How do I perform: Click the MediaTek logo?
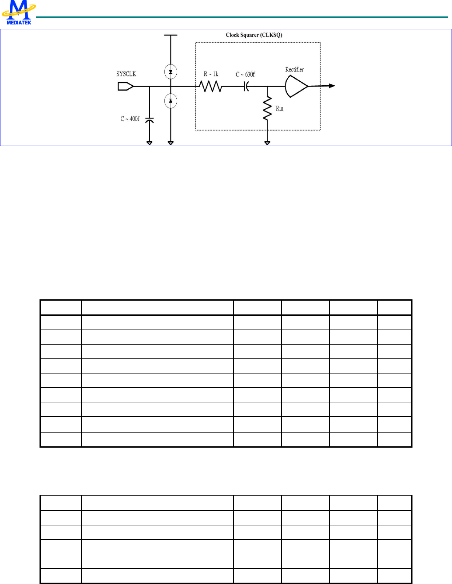(x=19, y=12)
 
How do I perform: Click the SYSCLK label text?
(x=126, y=74)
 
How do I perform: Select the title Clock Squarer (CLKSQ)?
(x=254, y=35)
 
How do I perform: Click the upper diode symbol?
(x=170, y=72)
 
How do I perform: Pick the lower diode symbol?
(x=170, y=101)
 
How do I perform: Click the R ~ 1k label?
(x=211, y=74)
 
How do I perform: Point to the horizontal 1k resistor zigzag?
(x=211, y=87)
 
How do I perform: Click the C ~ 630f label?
(x=245, y=75)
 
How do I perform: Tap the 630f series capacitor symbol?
(x=246, y=87)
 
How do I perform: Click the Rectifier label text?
(x=294, y=70)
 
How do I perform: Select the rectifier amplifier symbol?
(x=296, y=86)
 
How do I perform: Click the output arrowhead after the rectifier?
(x=332, y=86)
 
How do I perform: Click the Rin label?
(x=279, y=108)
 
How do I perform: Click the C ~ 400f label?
(x=130, y=119)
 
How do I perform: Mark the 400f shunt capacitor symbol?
(x=150, y=120)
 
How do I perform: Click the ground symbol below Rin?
(x=267, y=143)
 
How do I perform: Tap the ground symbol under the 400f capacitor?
(x=150, y=143)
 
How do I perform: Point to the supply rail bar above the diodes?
(x=170, y=35)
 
